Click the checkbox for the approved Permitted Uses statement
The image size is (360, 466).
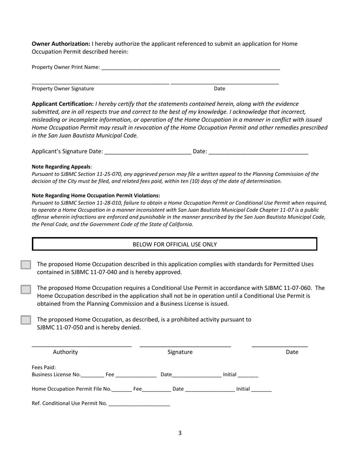coord(26,265)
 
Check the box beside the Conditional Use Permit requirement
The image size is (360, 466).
coord(26,289)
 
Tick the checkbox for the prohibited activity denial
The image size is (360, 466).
coord(26,320)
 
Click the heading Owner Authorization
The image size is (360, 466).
coord(61,44)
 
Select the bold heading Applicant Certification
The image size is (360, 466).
coord(63,104)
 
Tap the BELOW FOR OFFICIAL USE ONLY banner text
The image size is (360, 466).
coord(175,244)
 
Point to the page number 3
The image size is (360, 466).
coord(180,433)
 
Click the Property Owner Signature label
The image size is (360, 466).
coord(63,89)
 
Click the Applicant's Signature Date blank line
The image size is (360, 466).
coord(147,152)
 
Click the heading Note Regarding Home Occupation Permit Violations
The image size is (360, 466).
coord(95,195)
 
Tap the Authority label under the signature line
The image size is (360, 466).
coord(65,352)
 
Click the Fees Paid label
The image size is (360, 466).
coord(44,367)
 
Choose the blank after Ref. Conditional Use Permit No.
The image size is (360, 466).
coord(139,404)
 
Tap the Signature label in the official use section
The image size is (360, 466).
coord(180,352)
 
